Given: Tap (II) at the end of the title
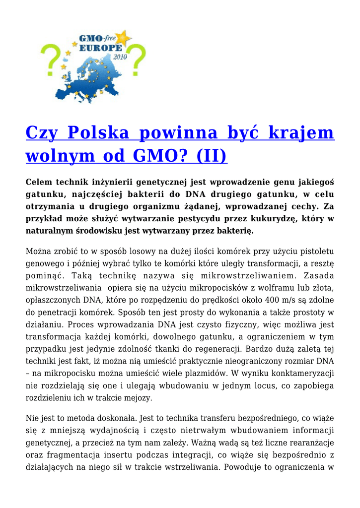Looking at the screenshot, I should [209, 156].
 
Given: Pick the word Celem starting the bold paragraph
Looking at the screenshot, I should [40, 183].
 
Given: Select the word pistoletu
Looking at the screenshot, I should [314, 253].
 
